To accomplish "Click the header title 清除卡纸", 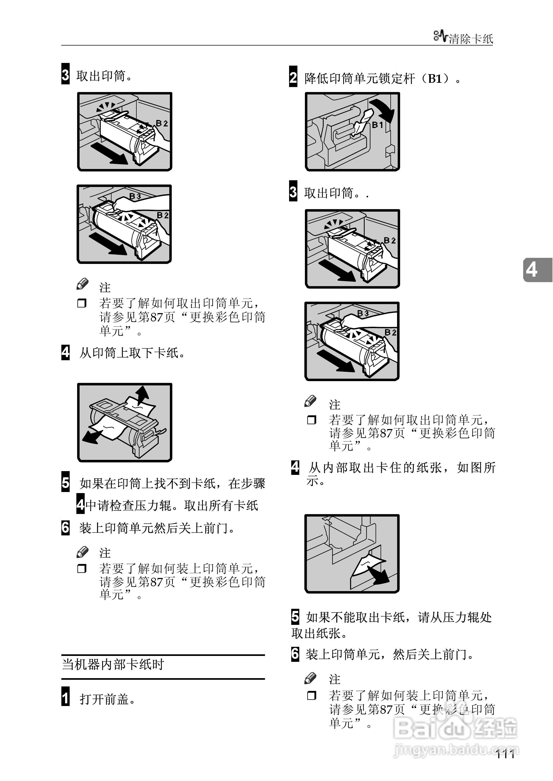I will click(x=471, y=39).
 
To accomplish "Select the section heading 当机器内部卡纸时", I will click(x=113, y=664).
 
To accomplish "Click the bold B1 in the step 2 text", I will click(x=435, y=79).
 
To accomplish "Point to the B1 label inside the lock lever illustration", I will click(x=377, y=125).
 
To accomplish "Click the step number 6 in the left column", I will click(x=65, y=527).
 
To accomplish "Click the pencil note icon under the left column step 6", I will click(x=83, y=552).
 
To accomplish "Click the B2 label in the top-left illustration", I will click(x=162, y=123).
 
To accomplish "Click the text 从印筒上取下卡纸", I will click(x=132, y=353).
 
